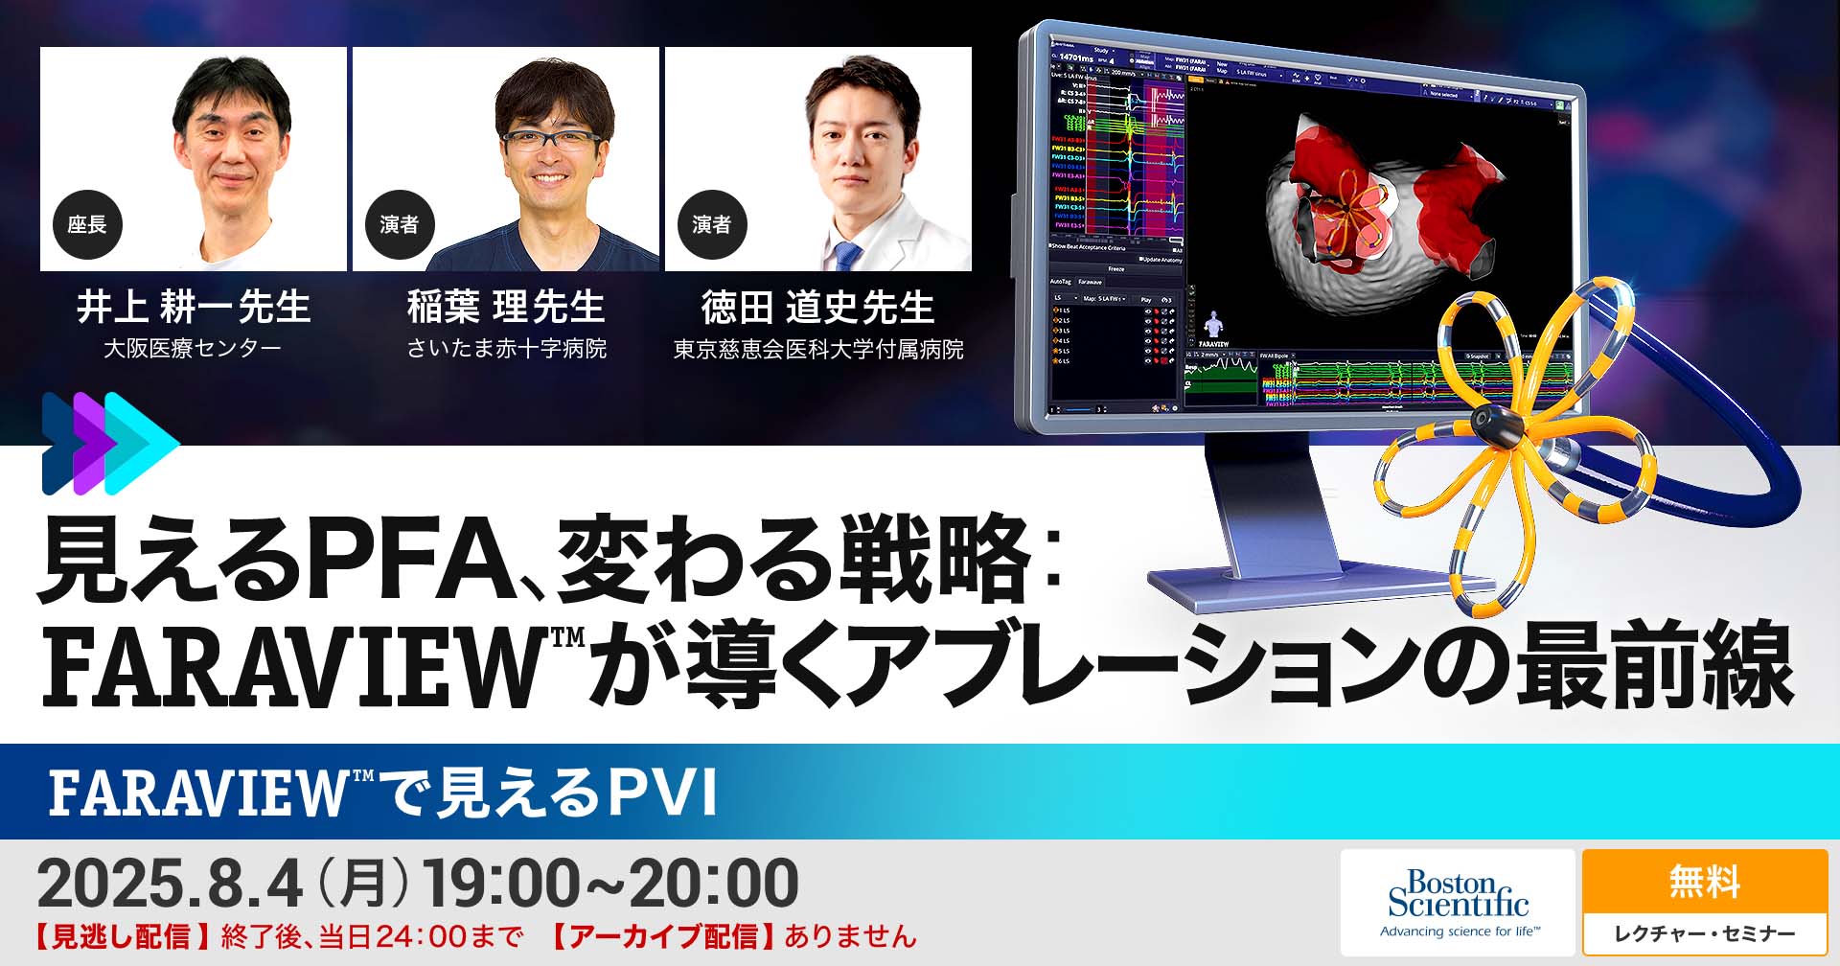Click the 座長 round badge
86,224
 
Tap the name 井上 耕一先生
194,308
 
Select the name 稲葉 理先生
506,308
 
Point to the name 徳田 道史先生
817,308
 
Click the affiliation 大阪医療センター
193,348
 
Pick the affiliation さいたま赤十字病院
506,348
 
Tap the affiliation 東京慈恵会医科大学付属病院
818,349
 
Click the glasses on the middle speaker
551,140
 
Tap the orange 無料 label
1704,882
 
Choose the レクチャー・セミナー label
1704,933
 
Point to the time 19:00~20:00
610,884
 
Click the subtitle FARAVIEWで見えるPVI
383,793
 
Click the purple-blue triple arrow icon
108,443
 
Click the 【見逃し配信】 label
122,936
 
